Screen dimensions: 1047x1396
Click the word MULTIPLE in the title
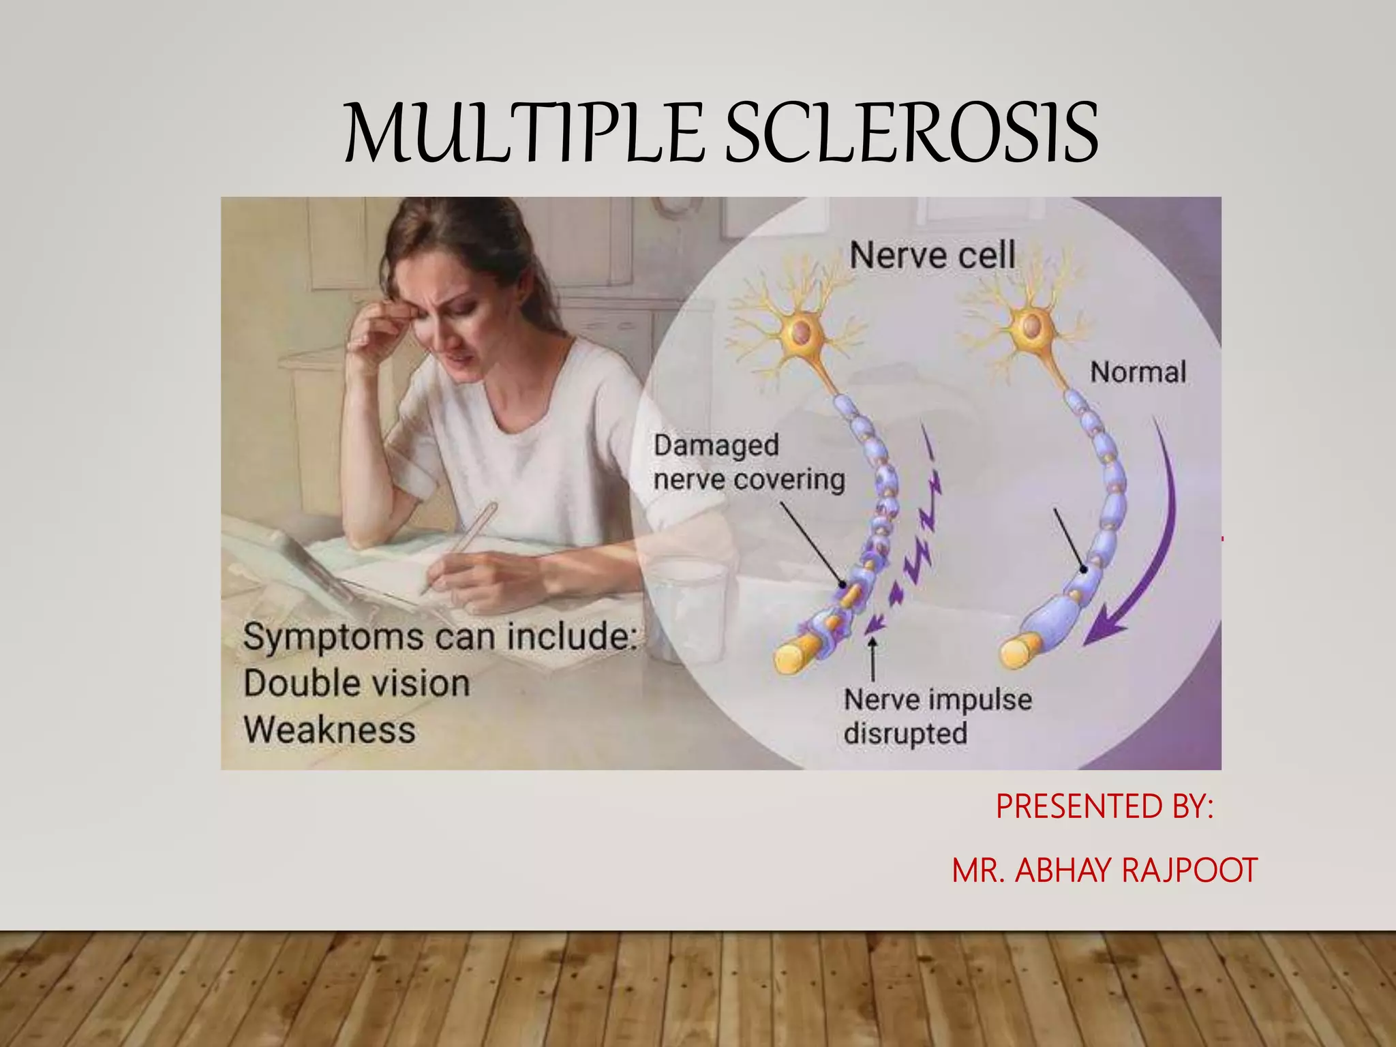click(x=523, y=134)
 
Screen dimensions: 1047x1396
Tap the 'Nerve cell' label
click(x=932, y=256)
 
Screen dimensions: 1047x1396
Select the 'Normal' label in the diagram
click(x=1138, y=372)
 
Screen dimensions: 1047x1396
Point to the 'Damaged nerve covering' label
click(x=748, y=463)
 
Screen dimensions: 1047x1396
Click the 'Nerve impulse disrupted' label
click(x=937, y=716)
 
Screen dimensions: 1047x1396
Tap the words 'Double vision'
click(x=356, y=683)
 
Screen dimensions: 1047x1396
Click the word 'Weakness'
click(x=329, y=730)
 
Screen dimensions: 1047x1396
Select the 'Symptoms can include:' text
click(x=439, y=637)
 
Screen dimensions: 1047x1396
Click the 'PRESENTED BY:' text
click(x=1104, y=807)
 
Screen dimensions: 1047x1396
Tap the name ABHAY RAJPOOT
click(x=1136, y=870)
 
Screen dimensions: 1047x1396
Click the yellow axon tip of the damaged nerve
click(x=794, y=658)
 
